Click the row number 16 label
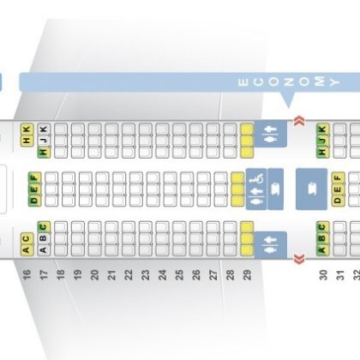pos(27,274)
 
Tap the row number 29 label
pos(248,274)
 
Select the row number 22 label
pos(129,274)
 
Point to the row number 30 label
pos(323,275)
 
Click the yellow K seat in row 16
pos(27,129)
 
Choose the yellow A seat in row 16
pos(27,249)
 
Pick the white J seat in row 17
pos(44,141)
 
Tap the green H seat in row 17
pos(44,152)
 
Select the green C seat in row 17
pos(44,227)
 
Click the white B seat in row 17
pos(44,238)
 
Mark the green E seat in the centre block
pos(34,189)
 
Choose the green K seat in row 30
pos(323,129)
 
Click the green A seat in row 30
pos(323,250)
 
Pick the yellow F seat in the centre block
pos(338,178)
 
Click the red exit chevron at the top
pos(299,121)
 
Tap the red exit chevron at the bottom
pos(299,259)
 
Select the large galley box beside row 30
pos(311,189)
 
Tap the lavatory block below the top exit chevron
pos(271,134)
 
